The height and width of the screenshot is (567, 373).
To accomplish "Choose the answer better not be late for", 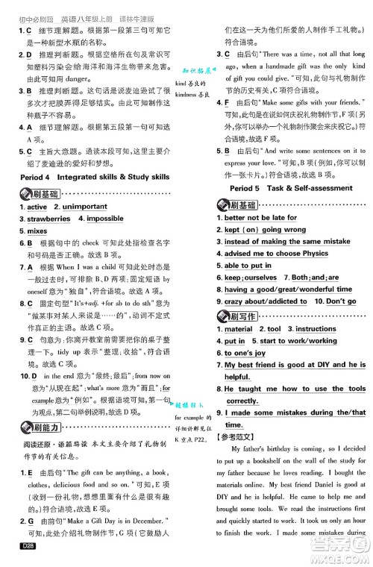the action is (x=260, y=218).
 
